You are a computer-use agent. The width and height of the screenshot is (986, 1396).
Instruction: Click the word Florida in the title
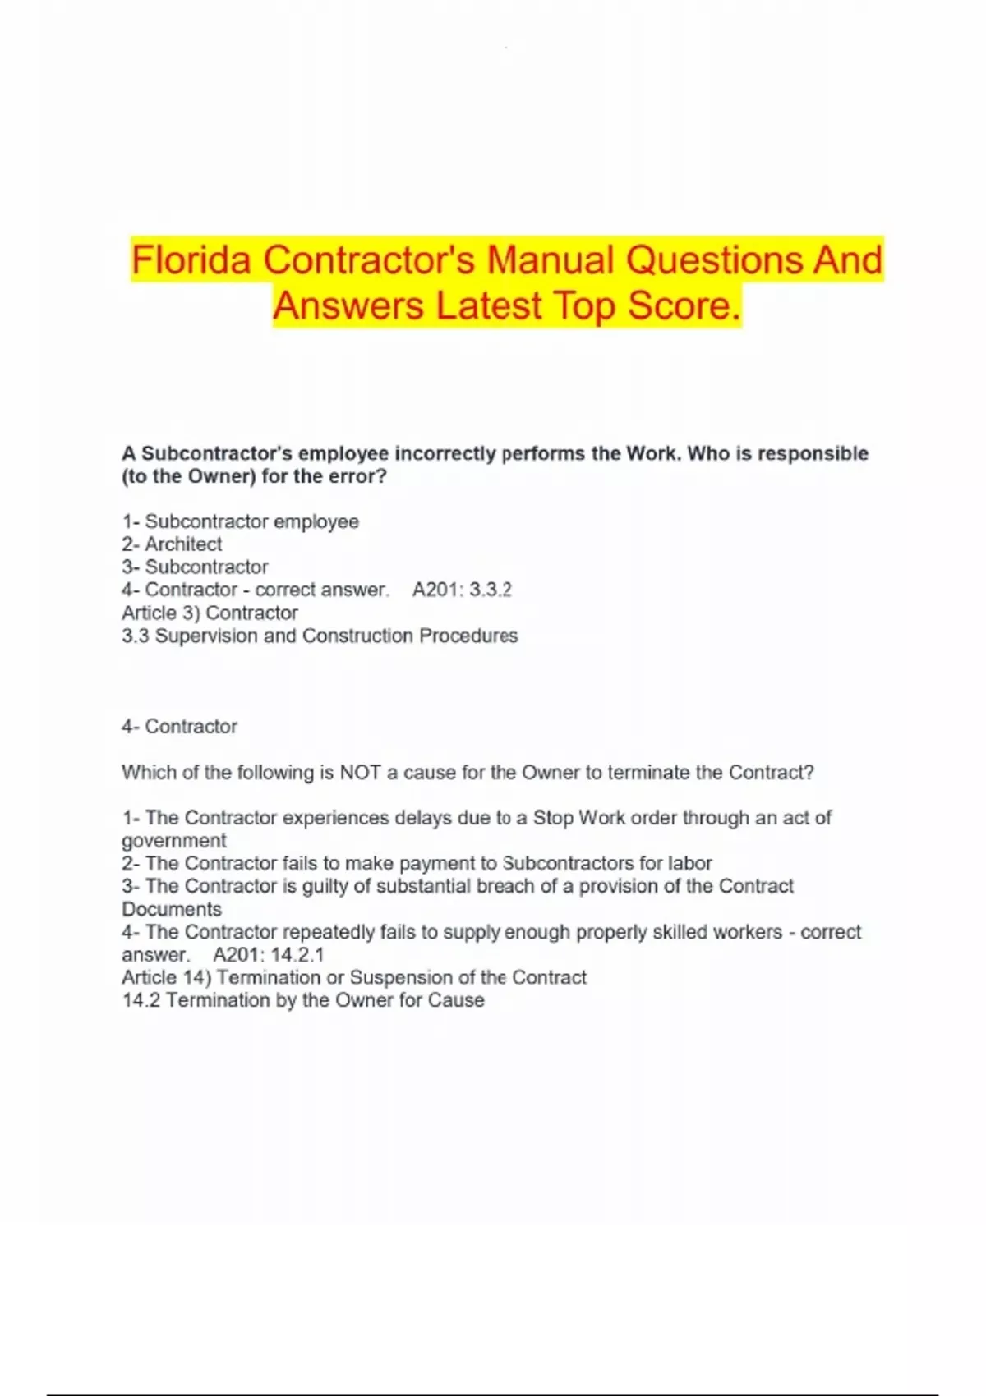tap(191, 260)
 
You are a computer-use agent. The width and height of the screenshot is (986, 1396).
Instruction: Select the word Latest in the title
tap(489, 306)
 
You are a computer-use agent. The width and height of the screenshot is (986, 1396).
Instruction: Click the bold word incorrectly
tap(445, 453)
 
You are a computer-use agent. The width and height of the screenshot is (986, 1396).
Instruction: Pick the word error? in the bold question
tap(356, 476)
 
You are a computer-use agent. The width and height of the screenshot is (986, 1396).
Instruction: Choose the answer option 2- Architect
tap(172, 544)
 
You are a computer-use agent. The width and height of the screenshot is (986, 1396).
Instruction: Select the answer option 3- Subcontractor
tap(195, 567)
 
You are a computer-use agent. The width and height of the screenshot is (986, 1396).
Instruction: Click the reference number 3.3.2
tap(491, 590)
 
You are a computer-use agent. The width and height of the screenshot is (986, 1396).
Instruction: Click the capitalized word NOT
tap(360, 773)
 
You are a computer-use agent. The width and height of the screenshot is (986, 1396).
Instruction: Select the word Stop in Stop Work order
tap(553, 818)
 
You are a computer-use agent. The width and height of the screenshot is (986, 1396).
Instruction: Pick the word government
tap(174, 841)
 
